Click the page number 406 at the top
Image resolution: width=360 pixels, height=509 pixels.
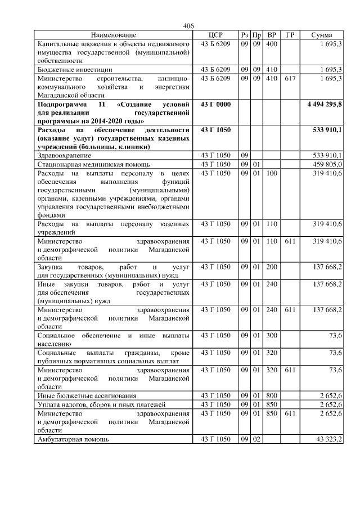pyautogui.click(x=188, y=26)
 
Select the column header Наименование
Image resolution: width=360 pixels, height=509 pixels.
pyautogui.click(x=113, y=35)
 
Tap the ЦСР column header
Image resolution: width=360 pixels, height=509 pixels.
pyautogui.click(x=215, y=35)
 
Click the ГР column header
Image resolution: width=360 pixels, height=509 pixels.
pyautogui.click(x=290, y=35)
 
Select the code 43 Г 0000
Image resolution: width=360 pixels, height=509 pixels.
pyautogui.click(x=215, y=105)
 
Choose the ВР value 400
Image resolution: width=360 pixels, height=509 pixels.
pyautogui.click(x=272, y=43)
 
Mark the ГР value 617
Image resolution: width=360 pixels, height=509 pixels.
pyautogui.click(x=290, y=78)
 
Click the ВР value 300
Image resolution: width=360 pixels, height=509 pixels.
pyautogui.click(x=272, y=336)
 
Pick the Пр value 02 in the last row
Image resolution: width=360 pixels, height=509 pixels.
pyautogui.click(x=256, y=438)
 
